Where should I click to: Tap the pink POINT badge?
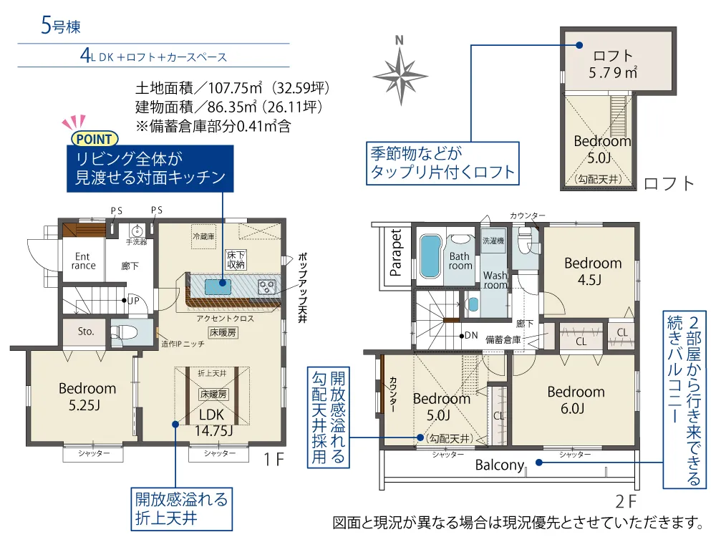95,138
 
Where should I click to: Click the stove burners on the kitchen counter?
266,287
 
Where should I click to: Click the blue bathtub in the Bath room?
430,256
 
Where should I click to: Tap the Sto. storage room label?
85,331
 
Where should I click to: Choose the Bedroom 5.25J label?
87,397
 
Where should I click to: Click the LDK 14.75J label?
213,422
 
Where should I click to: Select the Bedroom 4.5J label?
593,271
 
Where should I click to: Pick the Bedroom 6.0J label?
576,400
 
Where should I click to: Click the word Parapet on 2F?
395,253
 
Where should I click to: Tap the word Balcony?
500,465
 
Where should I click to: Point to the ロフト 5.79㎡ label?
612,64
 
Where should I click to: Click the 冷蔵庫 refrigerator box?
203,236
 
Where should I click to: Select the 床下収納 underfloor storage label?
236,259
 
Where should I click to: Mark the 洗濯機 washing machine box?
493,241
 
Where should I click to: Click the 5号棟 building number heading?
61,26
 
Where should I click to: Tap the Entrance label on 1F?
83,261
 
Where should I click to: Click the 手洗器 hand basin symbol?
137,231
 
